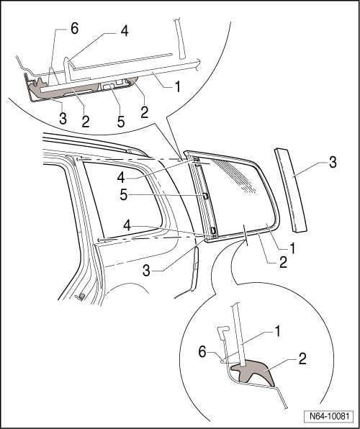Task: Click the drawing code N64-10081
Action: (329, 416)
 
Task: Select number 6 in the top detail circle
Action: (74, 29)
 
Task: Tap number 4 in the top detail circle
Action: (125, 31)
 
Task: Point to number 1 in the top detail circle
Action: (178, 87)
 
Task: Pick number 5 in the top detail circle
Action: (121, 122)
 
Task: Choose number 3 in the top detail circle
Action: (63, 119)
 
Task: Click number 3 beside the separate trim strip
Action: (333, 163)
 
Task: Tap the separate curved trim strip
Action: (291, 191)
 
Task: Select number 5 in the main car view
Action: (123, 195)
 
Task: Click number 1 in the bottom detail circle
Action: (277, 332)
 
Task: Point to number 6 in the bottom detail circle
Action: (202, 352)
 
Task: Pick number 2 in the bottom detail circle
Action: (302, 358)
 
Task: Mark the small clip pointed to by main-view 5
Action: (204, 196)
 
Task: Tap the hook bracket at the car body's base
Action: (81, 297)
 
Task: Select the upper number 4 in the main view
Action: (121, 178)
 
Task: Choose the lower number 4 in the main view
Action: (127, 226)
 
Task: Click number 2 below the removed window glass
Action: (283, 263)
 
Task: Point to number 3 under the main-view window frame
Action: (146, 271)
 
